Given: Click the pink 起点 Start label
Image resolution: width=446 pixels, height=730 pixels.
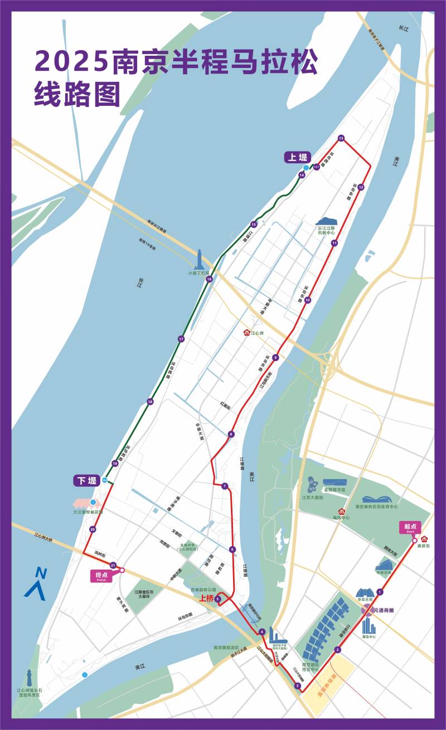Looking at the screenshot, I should coord(411,527).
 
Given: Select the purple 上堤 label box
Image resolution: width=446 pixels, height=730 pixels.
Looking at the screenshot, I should coord(297,158).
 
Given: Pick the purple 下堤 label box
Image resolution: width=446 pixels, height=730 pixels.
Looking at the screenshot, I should coord(86,480).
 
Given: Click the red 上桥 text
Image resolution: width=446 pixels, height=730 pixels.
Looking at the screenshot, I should coord(206,598).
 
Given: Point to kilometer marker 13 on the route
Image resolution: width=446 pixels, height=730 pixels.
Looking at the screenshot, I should coord(341,138).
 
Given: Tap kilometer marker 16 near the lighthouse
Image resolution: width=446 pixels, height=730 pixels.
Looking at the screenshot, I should coord(209,279).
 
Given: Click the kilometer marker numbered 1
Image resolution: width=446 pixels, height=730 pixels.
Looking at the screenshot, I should coord(380,592).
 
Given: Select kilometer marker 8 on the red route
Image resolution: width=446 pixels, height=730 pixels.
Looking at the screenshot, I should coord(231,434).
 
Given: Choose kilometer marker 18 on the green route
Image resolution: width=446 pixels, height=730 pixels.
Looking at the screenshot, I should coord(150,402).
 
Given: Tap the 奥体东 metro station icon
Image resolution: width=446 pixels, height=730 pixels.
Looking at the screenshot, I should coord(425,539).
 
